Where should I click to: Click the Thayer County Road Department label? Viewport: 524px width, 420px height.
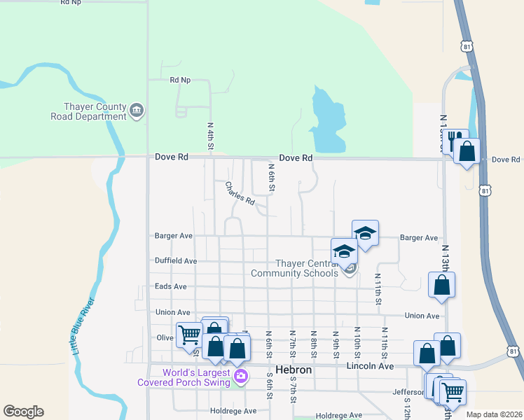coord(88,111)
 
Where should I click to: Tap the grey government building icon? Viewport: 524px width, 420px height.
coord(137,110)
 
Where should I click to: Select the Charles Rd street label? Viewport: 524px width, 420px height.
coord(240,194)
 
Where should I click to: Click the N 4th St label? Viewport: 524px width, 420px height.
coord(210,136)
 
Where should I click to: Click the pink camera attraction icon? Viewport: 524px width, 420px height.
coord(241,377)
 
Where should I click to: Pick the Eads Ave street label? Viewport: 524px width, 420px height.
coord(171,286)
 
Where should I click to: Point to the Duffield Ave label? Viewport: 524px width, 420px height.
coord(176,260)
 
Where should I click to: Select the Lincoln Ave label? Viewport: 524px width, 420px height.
coord(371,366)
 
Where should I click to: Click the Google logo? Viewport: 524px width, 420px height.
coord(23,412)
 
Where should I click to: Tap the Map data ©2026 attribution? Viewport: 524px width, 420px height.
coord(494,414)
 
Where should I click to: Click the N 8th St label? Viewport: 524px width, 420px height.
coord(314,342)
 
